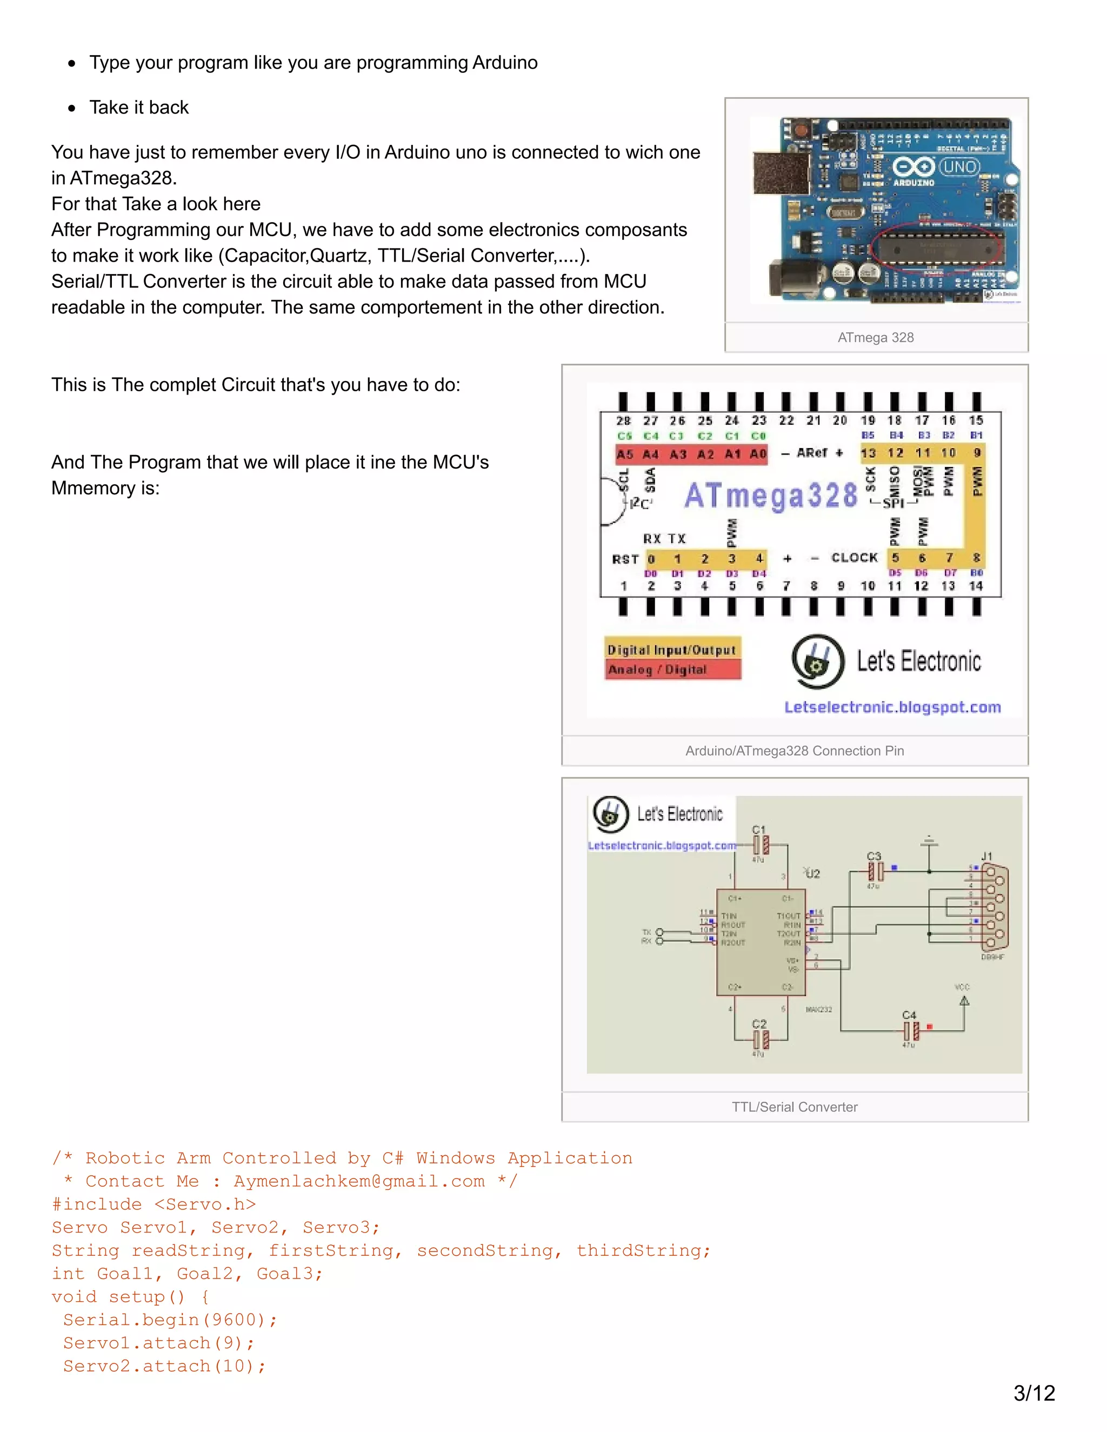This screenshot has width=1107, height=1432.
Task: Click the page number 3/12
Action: tap(1034, 1392)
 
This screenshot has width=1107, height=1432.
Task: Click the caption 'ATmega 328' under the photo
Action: tap(876, 338)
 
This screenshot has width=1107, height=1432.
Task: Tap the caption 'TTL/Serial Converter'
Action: tap(794, 1107)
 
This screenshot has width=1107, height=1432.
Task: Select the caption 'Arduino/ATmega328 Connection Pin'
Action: tap(794, 751)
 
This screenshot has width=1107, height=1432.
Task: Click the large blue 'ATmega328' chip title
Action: tap(771, 496)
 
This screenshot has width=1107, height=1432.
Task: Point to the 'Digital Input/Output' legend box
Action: tap(672, 650)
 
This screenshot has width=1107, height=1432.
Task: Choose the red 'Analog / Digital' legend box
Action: tap(672, 670)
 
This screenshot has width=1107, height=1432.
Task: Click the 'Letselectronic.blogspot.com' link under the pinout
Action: tap(892, 707)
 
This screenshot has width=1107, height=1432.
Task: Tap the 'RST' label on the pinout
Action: tap(625, 559)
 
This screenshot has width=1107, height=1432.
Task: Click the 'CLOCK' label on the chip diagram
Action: tap(854, 557)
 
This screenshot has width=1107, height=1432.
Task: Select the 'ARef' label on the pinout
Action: tap(812, 452)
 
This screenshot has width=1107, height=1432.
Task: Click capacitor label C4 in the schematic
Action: tap(909, 1015)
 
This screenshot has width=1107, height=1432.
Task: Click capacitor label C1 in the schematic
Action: tap(759, 830)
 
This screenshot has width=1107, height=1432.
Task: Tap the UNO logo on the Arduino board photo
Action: tap(959, 166)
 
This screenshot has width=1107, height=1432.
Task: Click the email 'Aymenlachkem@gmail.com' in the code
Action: tap(359, 1181)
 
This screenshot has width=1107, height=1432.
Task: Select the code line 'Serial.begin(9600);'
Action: tap(170, 1320)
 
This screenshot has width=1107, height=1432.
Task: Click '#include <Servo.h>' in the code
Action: tap(154, 1205)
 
